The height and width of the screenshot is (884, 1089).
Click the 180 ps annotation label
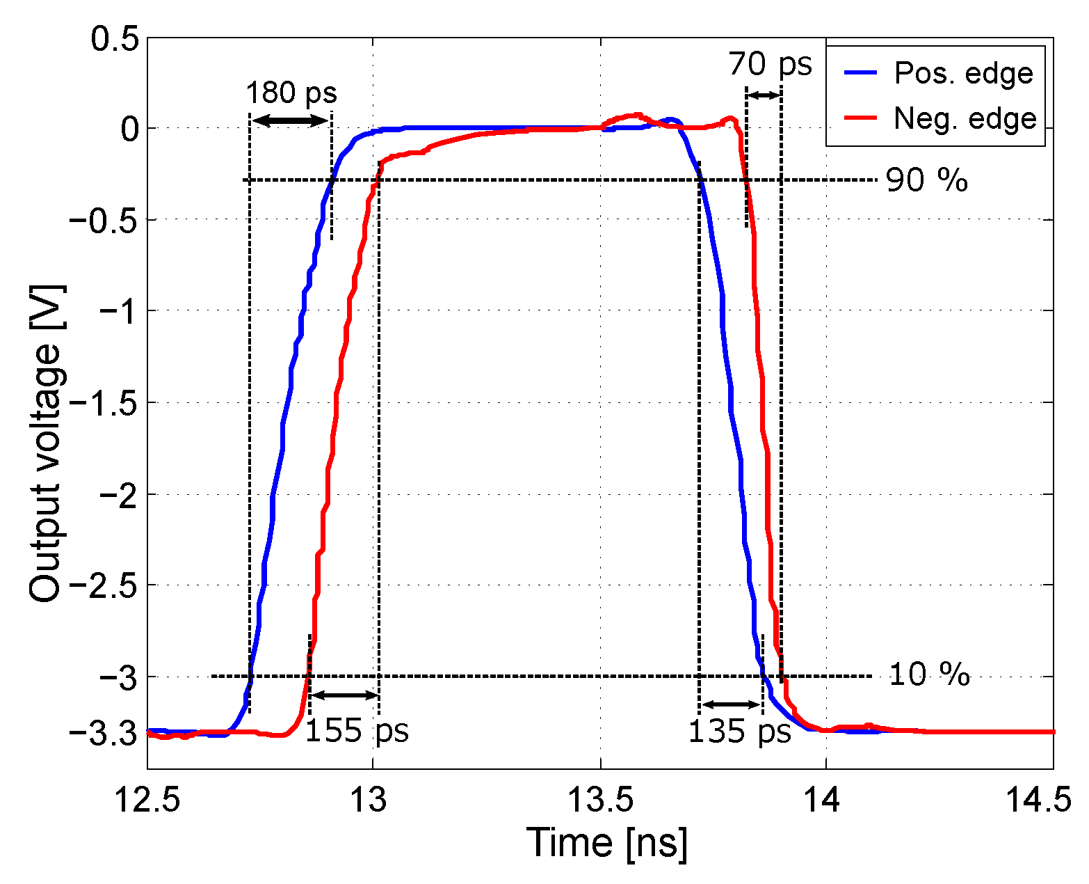tap(291, 92)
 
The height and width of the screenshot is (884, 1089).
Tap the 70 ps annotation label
tap(770, 64)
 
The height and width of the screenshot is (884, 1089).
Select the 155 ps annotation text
tap(357, 731)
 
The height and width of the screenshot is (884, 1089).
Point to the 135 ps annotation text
tap(740, 732)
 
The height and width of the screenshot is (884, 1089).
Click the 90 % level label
tap(926, 180)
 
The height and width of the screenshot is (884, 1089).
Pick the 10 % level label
tap(929, 674)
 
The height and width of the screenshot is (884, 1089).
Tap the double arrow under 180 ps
tap(290, 121)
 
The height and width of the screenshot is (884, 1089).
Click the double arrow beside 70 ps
tap(764, 95)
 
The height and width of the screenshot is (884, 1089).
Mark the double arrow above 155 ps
tap(344, 695)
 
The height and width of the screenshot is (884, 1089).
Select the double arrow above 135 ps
tap(731, 704)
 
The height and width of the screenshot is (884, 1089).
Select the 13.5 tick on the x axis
tap(600, 800)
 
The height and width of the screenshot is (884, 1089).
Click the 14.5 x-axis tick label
tap(1040, 800)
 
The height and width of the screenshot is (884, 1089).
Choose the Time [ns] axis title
tap(606, 843)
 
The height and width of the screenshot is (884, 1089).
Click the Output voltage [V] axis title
tap(46, 443)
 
